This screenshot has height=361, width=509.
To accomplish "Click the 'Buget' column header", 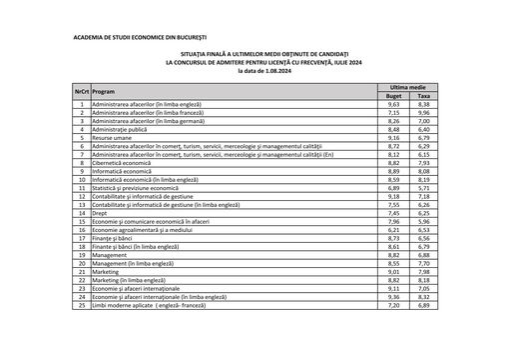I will (x=393, y=96).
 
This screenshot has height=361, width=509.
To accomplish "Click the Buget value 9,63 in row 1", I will (x=393, y=104).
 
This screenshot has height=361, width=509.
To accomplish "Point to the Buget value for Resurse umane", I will (x=393, y=138).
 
